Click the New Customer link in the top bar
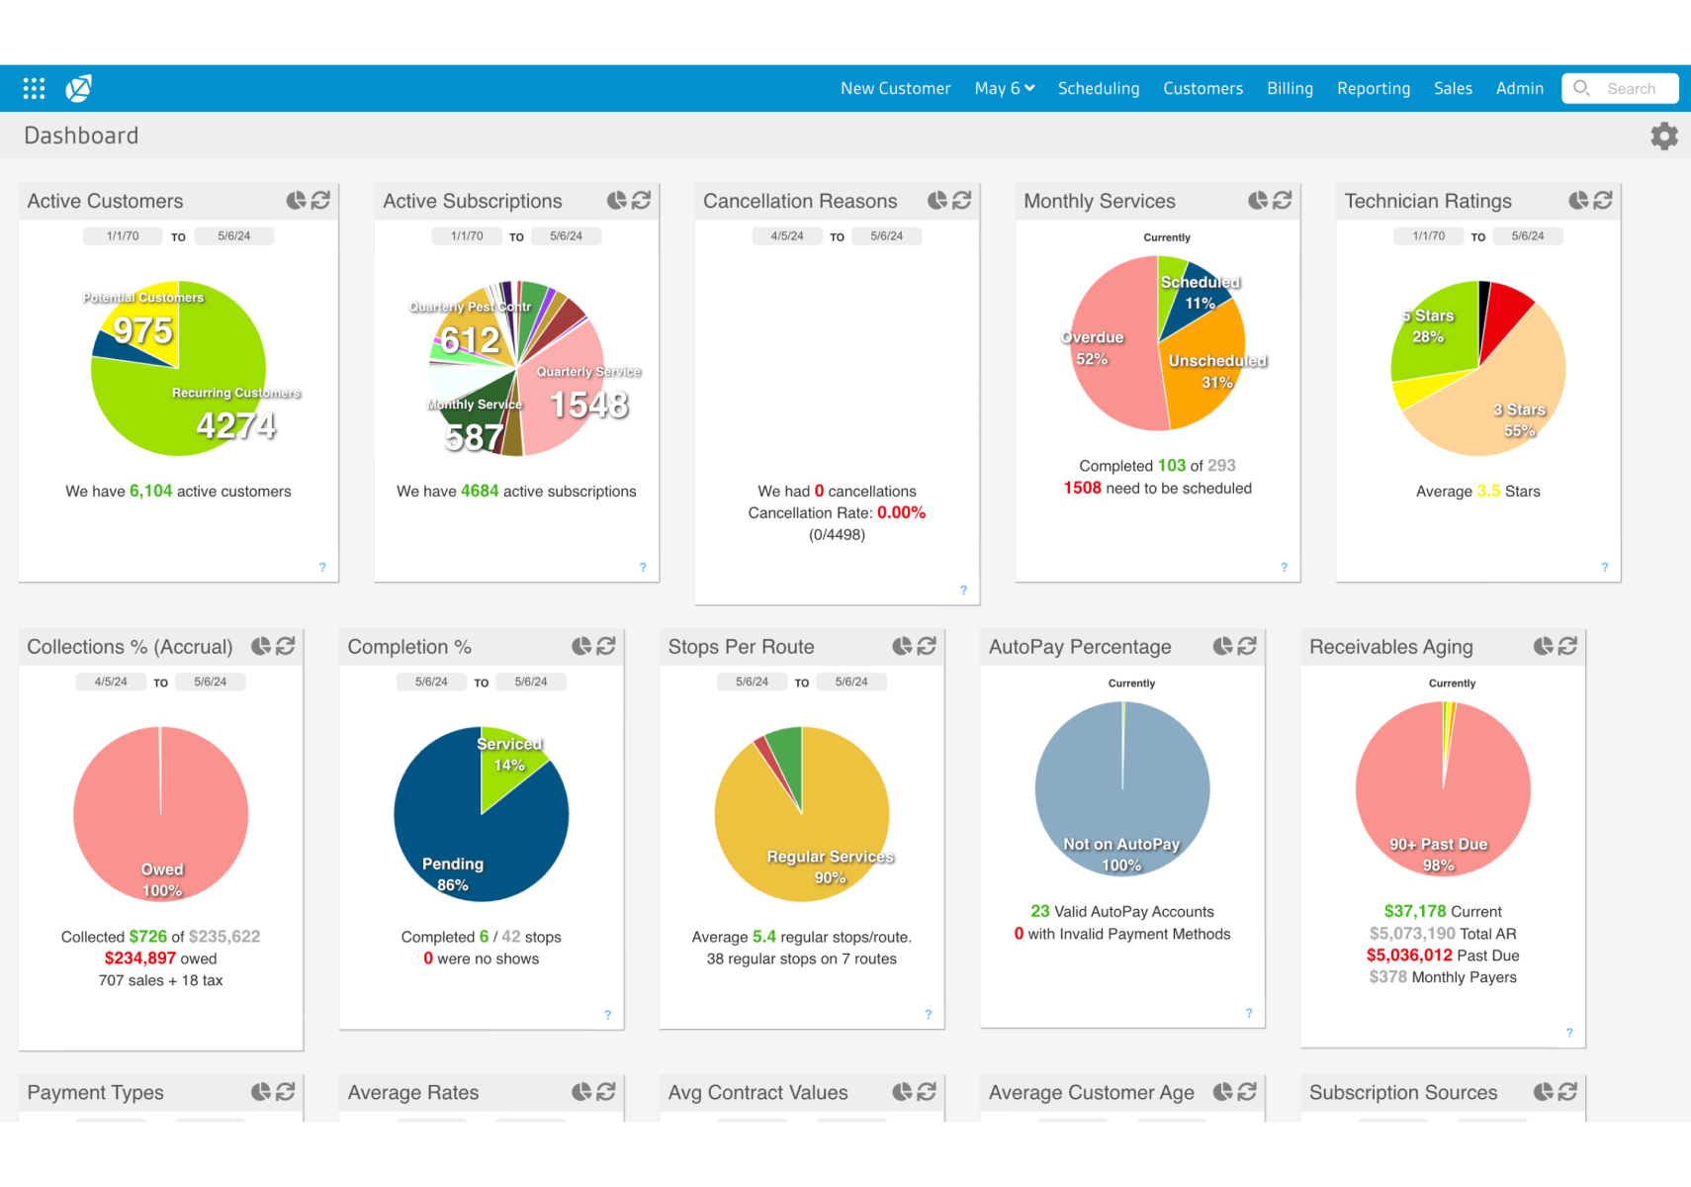click(895, 88)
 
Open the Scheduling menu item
click(1098, 88)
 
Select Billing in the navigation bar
click(1290, 88)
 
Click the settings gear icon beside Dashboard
click(1663, 136)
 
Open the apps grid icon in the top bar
click(34, 89)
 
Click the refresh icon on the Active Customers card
click(320, 201)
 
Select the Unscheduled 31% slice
click(1206, 371)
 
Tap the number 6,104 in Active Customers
click(150, 492)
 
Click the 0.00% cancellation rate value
click(901, 513)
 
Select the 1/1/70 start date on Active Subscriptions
click(467, 236)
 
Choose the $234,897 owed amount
click(140, 959)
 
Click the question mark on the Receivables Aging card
click(1569, 1033)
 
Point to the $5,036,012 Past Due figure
click(1409, 956)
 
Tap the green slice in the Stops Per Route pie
click(786, 757)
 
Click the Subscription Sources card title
click(1402, 1093)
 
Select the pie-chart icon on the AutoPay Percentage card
click(1222, 647)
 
